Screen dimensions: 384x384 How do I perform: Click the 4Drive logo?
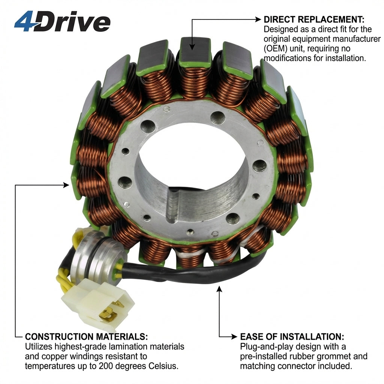pos(62,21)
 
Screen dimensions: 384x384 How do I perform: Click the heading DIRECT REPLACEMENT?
pos(314,19)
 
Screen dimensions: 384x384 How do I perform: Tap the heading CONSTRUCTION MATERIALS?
pos(87,336)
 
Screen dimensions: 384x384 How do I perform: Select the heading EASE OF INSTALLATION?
pos(292,336)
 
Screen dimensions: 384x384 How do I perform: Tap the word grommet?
pos(331,356)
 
